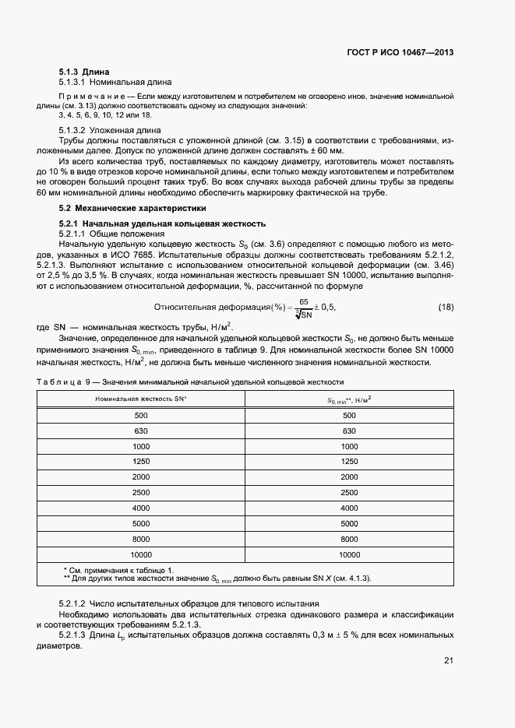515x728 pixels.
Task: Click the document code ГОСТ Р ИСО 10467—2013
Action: (x=400, y=52)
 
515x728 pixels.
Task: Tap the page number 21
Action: (x=448, y=661)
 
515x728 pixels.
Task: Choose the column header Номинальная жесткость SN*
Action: (x=140, y=399)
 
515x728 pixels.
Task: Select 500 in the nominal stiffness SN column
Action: (x=140, y=416)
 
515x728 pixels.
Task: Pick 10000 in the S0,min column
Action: (x=349, y=555)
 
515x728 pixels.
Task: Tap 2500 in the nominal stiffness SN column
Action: (x=140, y=493)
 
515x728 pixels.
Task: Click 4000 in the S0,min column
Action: (x=349, y=508)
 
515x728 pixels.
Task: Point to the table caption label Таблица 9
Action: (x=65, y=382)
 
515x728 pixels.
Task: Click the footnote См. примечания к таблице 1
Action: (x=118, y=571)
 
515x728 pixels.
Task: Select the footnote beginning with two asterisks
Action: (x=217, y=579)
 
